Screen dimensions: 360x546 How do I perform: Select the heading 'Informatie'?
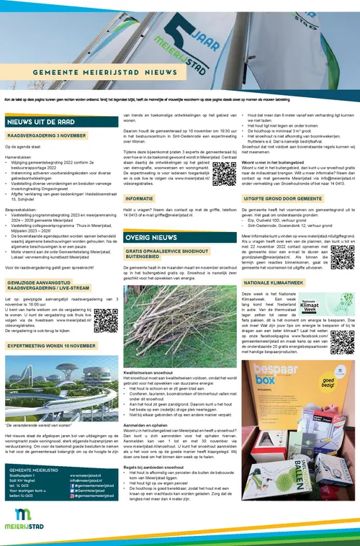tap(140, 197)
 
